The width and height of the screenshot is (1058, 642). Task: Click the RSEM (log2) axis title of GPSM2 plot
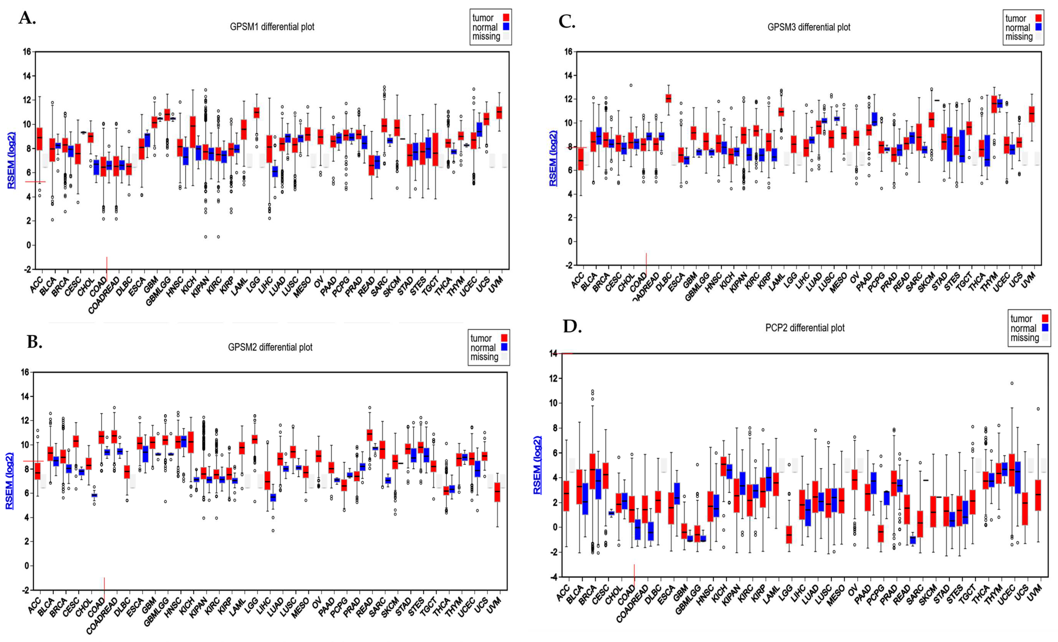click(x=9, y=481)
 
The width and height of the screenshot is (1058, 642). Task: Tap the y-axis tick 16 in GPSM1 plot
click(x=27, y=52)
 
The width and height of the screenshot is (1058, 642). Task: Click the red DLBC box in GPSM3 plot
click(x=668, y=98)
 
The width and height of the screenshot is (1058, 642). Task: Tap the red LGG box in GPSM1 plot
click(x=257, y=112)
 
